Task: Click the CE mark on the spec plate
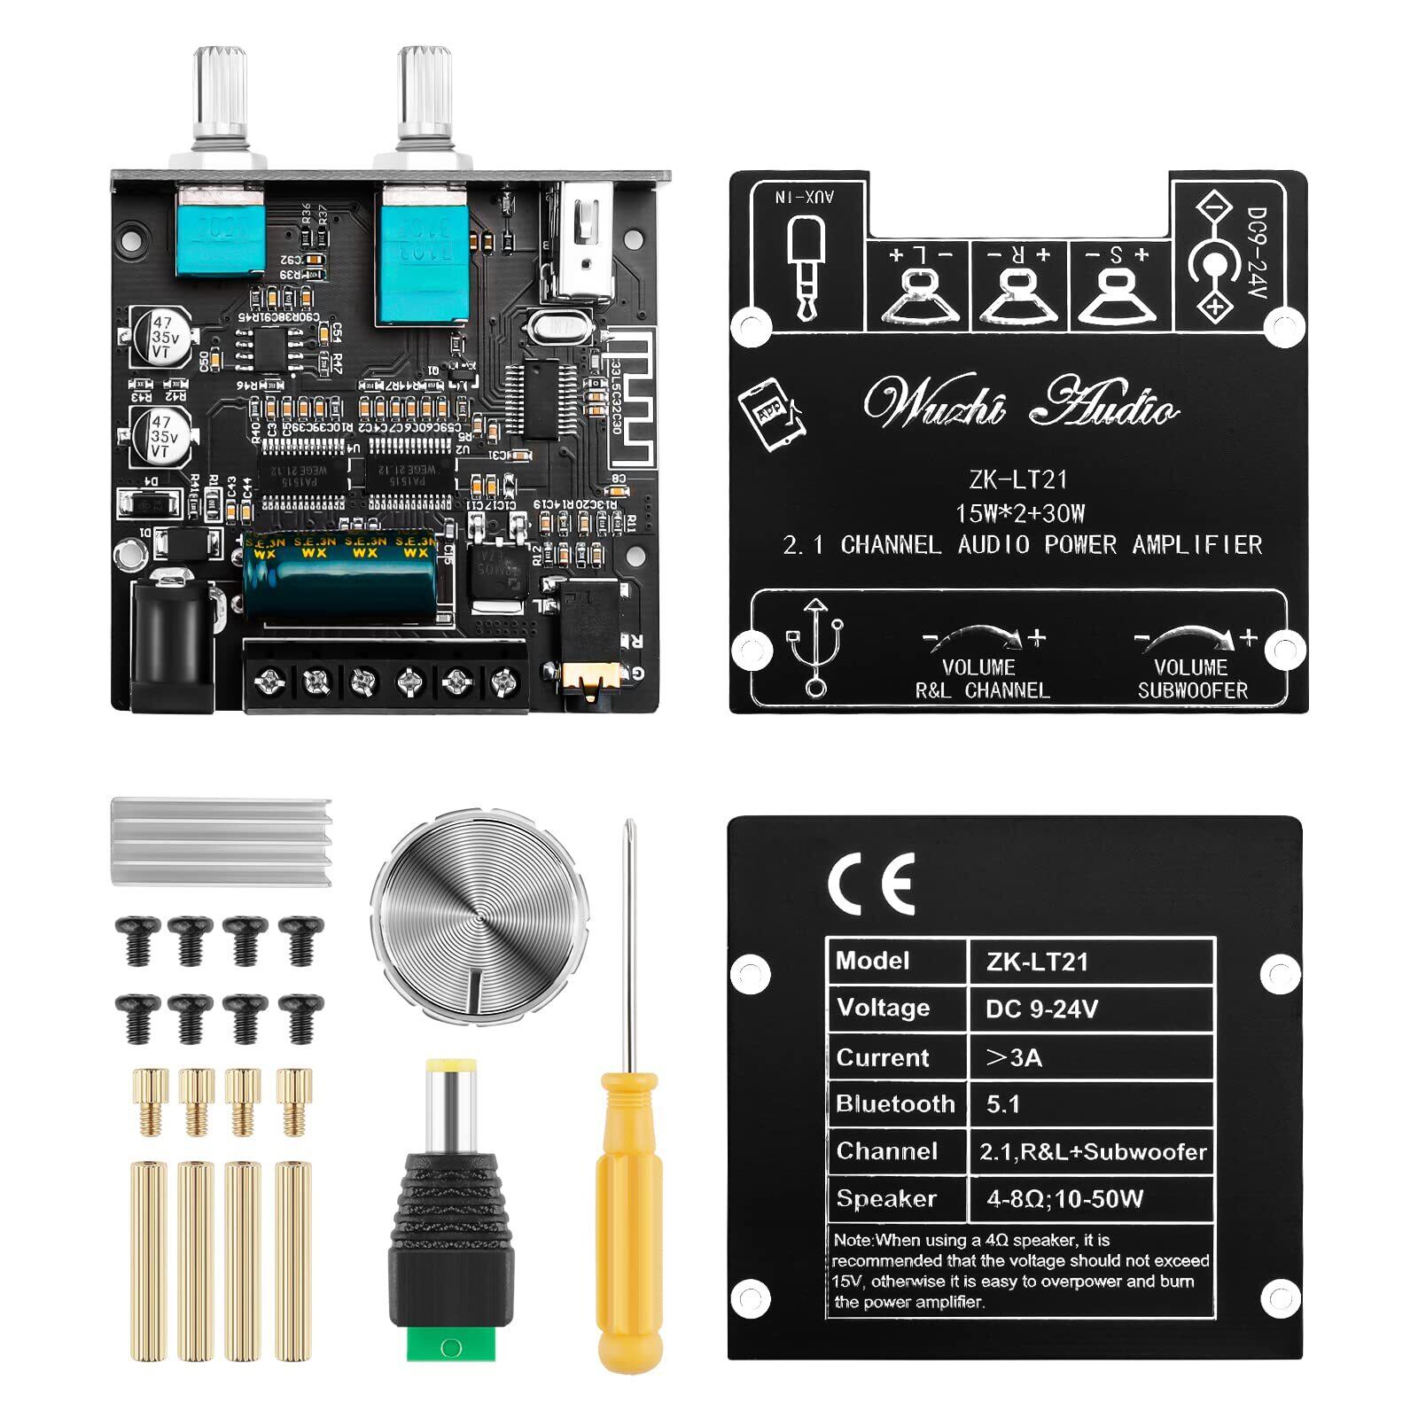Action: (870, 884)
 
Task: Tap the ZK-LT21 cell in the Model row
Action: (1037, 962)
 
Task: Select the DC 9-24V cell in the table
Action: (1041, 1009)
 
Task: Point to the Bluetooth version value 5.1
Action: (1003, 1104)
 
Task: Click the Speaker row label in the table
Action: (886, 1198)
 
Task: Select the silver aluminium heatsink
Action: (221, 840)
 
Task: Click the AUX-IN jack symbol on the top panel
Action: (806, 266)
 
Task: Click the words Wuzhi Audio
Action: (1019, 406)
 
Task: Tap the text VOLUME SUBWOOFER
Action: (1192, 679)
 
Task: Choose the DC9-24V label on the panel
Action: (1256, 252)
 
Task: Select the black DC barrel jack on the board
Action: (173, 643)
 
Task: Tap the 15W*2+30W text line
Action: (1019, 513)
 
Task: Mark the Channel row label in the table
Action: (886, 1151)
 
